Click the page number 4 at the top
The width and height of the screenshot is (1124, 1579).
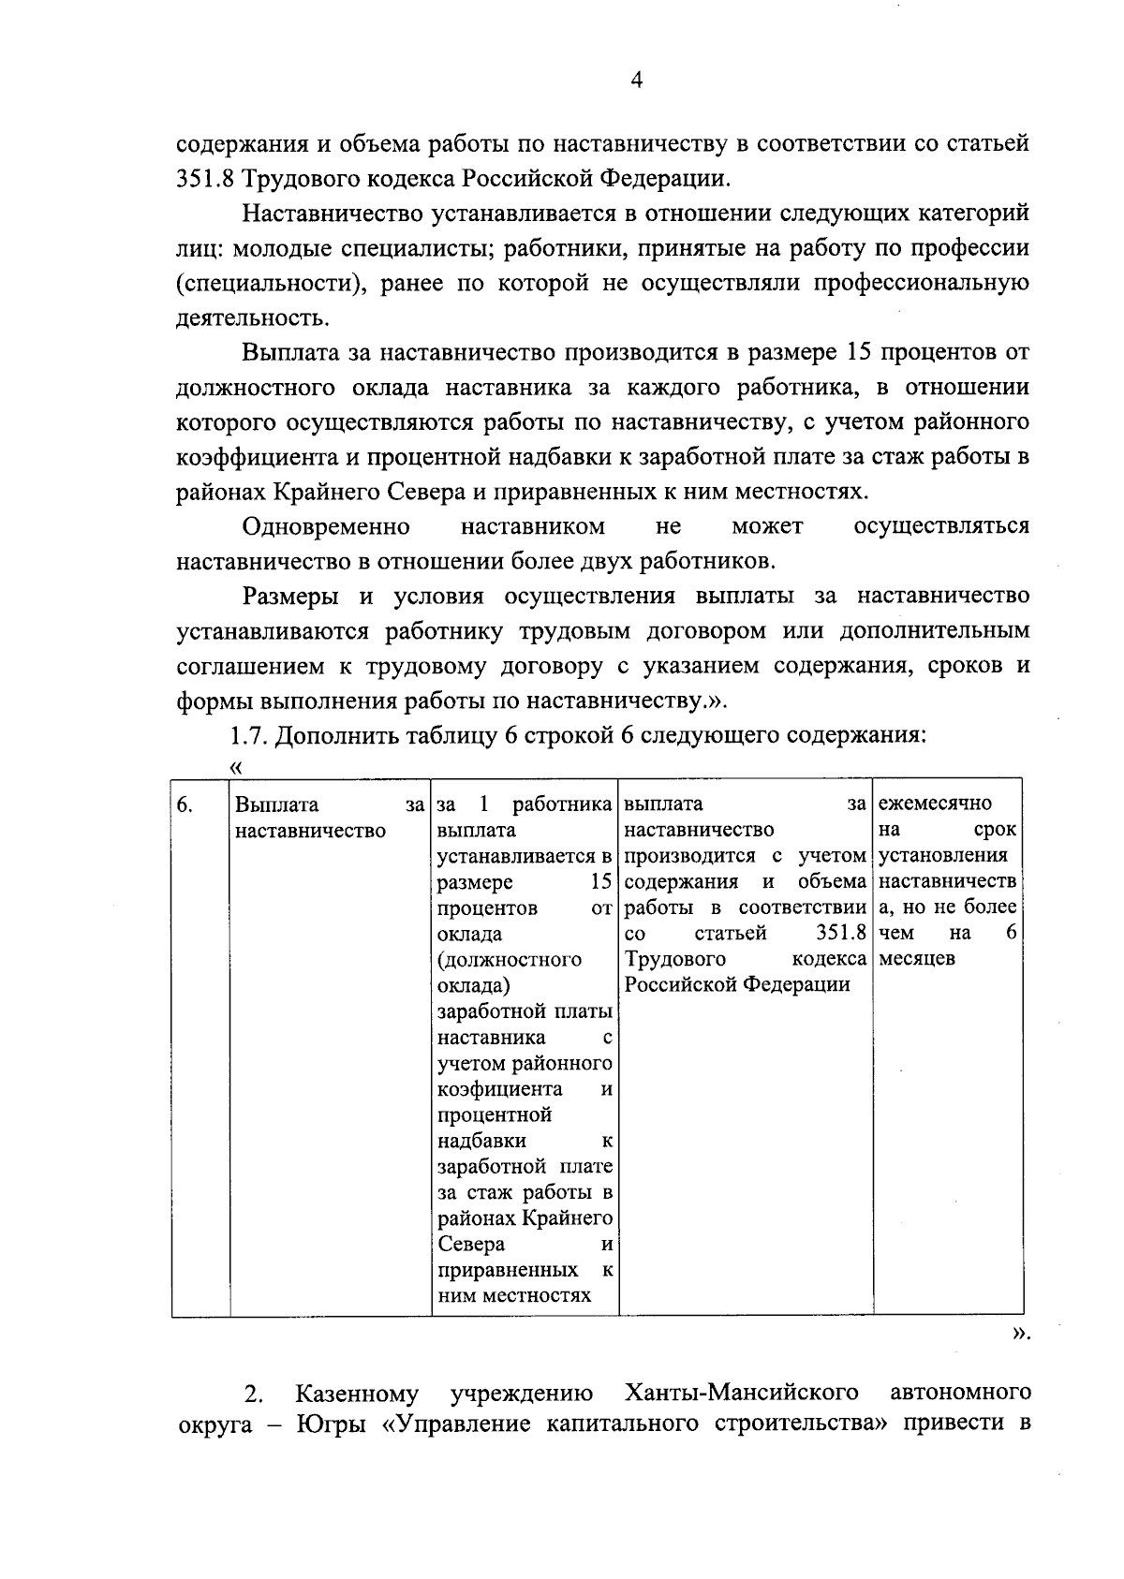[636, 81]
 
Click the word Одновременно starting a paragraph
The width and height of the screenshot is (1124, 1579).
[325, 526]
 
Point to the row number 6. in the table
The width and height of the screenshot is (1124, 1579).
[185, 804]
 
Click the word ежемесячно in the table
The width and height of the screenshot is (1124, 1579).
[936, 804]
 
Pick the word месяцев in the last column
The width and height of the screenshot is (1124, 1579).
[917, 958]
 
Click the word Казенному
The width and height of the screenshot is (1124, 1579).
[357, 1394]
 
